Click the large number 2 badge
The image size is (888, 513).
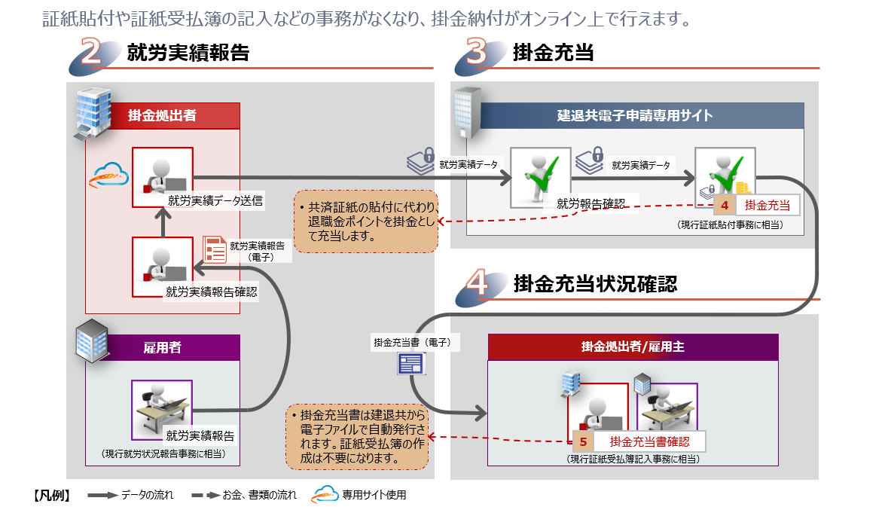(93, 53)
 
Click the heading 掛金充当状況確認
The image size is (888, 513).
(594, 284)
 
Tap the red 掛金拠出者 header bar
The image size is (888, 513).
(162, 115)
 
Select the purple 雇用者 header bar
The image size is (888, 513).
(162, 347)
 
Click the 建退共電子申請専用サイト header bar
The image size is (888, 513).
(634, 115)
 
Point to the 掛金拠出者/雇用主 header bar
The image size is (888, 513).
(633, 347)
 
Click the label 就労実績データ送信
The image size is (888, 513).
(215, 200)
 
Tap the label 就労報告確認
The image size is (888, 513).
(591, 203)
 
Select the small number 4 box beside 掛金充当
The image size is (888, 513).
(725, 205)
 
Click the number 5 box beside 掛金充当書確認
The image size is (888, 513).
(583, 441)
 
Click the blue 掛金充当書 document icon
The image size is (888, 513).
(410, 364)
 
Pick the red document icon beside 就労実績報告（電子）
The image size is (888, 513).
(215, 249)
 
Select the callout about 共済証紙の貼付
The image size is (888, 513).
(365, 221)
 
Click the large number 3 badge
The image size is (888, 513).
(479, 53)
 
